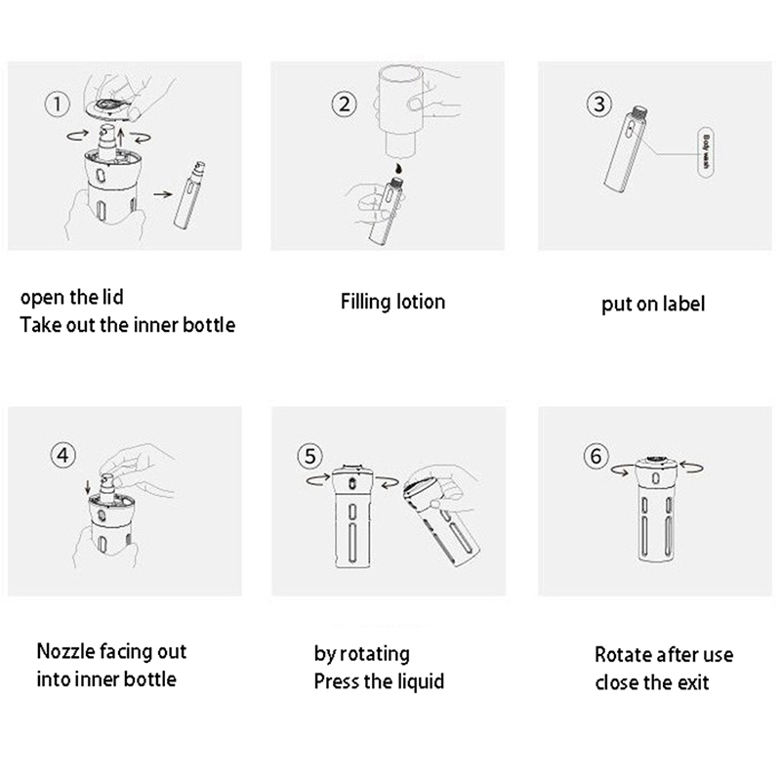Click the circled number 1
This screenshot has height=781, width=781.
click(58, 104)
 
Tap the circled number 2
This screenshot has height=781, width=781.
click(345, 104)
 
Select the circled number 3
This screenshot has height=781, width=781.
click(598, 104)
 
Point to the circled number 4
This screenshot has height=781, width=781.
click(62, 455)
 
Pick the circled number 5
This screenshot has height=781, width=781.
click(309, 456)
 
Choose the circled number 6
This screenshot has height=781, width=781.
click(596, 456)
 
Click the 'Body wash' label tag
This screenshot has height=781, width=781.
click(706, 152)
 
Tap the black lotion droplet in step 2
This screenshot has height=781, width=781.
click(399, 167)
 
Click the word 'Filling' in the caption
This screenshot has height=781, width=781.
click(366, 303)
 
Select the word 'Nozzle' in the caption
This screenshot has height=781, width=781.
click(65, 651)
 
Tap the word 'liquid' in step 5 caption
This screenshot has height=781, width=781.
click(418, 681)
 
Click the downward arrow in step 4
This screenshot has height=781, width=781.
click(88, 487)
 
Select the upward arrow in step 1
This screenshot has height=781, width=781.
click(120, 140)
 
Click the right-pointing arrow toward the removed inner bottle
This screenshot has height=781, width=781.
click(163, 193)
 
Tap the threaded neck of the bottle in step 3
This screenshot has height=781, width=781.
click(639, 114)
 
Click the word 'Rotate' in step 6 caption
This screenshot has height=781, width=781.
click(623, 654)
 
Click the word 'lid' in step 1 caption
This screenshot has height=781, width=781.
click(113, 297)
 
